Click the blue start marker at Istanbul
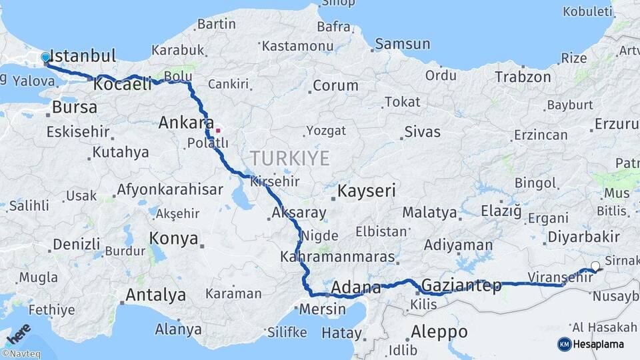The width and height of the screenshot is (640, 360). tap(45, 57)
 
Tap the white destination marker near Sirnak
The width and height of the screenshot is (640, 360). tap(595, 267)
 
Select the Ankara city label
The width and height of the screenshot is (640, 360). tap(185, 123)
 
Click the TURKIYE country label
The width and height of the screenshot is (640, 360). tap(290, 158)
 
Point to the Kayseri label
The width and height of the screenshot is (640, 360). tap(366, 191)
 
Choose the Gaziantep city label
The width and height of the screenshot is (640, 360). tap(461, 285)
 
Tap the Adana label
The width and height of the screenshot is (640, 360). tap(356, 288)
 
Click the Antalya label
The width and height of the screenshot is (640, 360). tap(156, 295)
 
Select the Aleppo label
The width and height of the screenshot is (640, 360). tap(439, 331)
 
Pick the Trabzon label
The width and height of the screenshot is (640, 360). tap(523, 77)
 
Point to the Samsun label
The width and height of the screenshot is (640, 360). tap(403, 44)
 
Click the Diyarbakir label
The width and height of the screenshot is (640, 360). tap(583, 237)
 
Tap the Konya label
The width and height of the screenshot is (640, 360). tap(173, 238)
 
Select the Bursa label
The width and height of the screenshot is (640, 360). tap(74, 107)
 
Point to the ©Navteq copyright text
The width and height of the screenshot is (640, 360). tap(21, 354)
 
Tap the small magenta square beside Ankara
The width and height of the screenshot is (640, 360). tap(217, 130)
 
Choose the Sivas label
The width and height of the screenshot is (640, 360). tap(423, 131)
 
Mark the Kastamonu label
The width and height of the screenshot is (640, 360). tap(297, 46)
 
